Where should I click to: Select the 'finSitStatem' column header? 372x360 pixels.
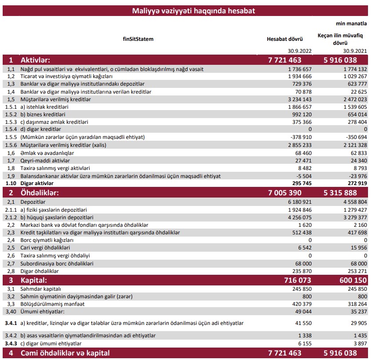tap(138, 39)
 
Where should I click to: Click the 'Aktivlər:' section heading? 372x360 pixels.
tap(35, 60)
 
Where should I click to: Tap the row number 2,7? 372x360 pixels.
tap(12, 263)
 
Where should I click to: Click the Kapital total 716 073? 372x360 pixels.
tap(285, 281)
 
